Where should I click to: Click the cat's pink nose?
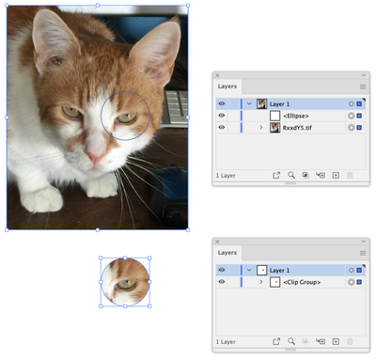coord(95,154)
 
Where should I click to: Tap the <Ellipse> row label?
coord(296,116)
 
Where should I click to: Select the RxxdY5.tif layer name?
coord(297,128)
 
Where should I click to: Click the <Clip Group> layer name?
coord(302,282)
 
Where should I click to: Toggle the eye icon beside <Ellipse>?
coord(222,116)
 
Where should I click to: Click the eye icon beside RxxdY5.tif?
coord(222,128)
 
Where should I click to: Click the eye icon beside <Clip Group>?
coord(222,282)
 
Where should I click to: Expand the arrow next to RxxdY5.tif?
coord(261,128)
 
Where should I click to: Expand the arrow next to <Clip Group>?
coord(261,282)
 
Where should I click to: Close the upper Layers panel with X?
coord(217,75)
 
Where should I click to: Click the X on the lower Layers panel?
coord(217,242)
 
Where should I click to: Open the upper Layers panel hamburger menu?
coord(363,86)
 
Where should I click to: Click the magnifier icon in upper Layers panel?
coord(291,175)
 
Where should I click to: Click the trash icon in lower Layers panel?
coord(350,341)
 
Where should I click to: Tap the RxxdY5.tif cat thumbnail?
coord(274,128)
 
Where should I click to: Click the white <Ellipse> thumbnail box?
coord(274,116)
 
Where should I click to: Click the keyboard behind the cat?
coord(175,108)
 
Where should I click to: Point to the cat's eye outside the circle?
coord(71,112)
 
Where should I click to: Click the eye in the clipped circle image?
coord(126,284)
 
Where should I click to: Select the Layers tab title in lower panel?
coord(227,253)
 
